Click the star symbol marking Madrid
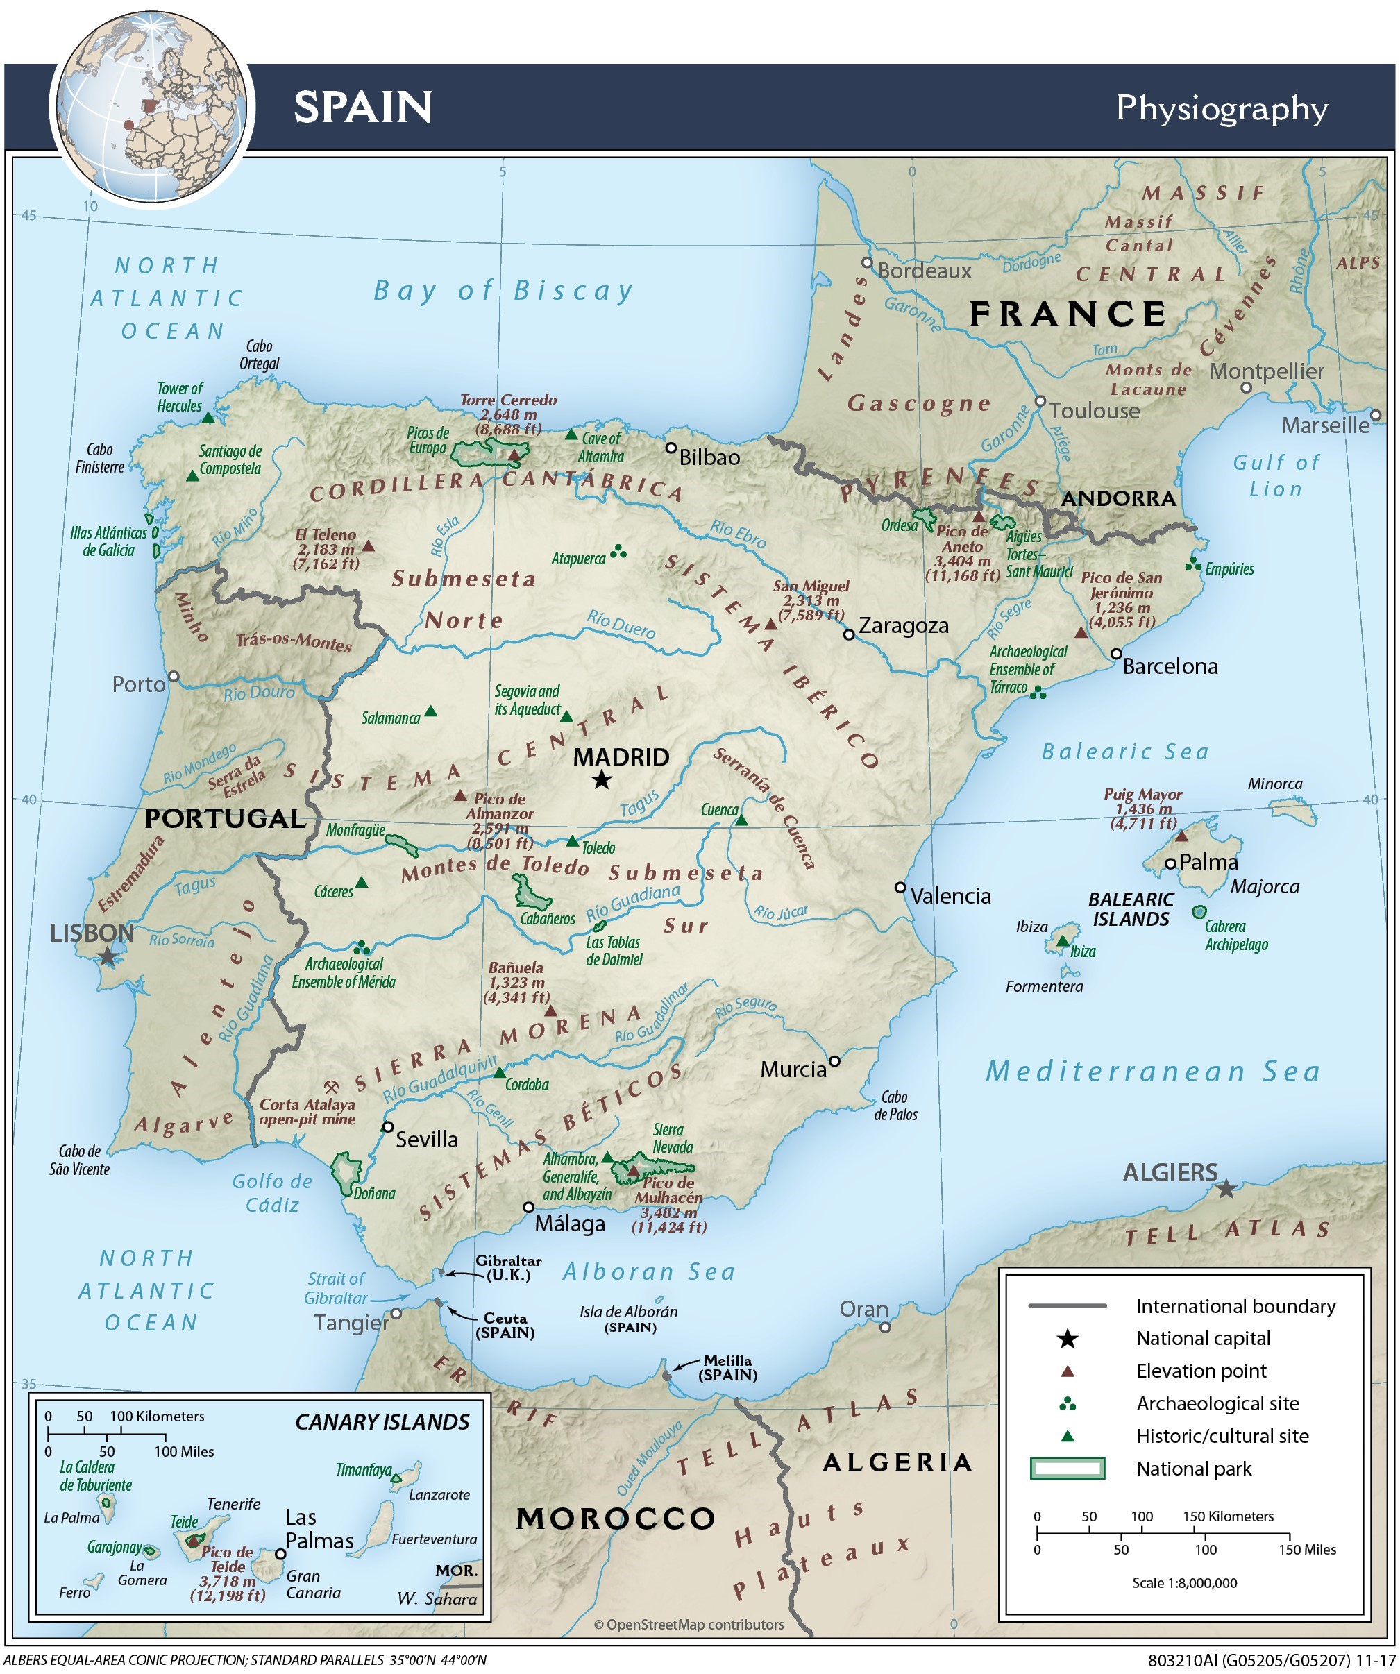click(602, 779)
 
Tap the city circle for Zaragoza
click(849, 634)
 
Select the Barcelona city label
click(1170, 666)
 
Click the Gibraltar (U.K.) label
click(509, 1268)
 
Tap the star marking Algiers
click(1226, 1190)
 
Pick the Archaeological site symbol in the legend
click(1068, 1404)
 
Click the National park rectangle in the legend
click(1067, 1469)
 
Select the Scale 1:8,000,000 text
click(1184, 1583)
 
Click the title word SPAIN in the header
click(363, 107)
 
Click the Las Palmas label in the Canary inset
click(319, 1529)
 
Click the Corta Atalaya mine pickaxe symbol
click(331, 1088)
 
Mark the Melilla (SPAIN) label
click(727, 1368)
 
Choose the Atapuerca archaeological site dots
click(618, 552)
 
